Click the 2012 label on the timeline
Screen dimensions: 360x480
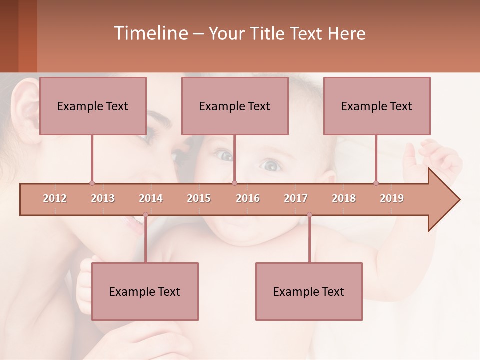55,198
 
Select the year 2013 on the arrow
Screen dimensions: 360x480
103,198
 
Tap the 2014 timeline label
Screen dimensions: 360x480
151,198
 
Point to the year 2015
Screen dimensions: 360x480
199,198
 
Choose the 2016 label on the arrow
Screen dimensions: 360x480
248,198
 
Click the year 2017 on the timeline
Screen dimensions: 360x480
296,198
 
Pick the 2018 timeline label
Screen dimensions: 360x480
344,198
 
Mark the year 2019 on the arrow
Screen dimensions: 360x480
392,198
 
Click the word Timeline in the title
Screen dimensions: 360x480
150,33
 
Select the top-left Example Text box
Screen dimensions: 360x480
93,106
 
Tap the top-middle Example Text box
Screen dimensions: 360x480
235,106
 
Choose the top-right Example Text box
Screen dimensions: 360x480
377,106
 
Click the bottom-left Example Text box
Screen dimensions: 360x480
145,291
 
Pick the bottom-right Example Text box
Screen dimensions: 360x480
309,291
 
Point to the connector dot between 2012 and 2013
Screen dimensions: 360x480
92,183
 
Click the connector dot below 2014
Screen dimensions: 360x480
145,215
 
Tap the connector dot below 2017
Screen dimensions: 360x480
309,215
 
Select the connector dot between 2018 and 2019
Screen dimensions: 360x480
376,183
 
